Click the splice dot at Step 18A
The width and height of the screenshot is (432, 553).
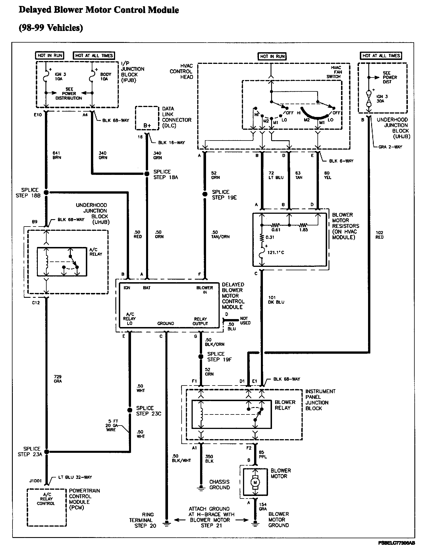coord(147,174)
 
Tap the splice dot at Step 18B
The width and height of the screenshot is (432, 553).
coord(46,192)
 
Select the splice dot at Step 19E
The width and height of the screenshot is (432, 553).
coord(205,194)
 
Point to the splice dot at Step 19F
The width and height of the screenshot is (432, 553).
coord(201,357)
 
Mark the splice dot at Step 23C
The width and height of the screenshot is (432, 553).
coord(130,410)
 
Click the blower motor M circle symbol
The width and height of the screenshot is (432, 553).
coord(255,482)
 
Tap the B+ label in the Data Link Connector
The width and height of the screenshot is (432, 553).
coord(147,125)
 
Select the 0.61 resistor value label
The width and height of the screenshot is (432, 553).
coord(276,230)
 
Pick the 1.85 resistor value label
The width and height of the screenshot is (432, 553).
coord(303,230)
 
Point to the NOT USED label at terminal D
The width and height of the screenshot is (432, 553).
coord(245,321)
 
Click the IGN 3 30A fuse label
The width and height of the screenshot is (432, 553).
coord(382,99)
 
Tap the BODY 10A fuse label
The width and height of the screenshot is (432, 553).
coord(105,77)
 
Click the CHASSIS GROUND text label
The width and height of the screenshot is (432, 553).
coord(219,484)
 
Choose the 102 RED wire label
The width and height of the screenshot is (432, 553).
coord(379,235)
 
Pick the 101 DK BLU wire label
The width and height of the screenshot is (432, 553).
coord(276,300)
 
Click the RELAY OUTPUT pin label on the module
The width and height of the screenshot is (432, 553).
coord(200,321)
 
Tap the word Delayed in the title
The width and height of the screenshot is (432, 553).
coord(36,10)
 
